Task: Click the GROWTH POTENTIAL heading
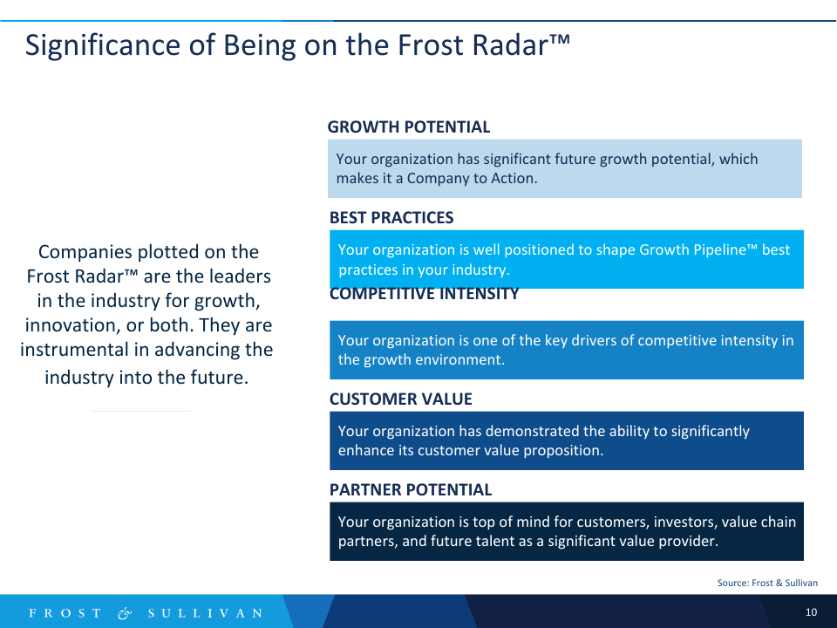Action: click(x=408, y=127)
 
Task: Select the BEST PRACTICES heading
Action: click(x=391, y=218)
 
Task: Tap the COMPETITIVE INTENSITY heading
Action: click(x=424, y=295)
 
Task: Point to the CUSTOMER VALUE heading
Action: click(x=400, y=399)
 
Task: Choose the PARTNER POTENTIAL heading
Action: click(x=410, y=490)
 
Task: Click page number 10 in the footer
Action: click(x=811, y=612)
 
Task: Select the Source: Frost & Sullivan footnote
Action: click(x=767, y=583)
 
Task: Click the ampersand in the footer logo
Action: click(x=125, y=613)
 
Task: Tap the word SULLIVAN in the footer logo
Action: click(x=205, y=613)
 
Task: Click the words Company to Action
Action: click(x=472, y=178)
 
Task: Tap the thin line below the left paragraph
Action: click(x=140, y=411)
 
